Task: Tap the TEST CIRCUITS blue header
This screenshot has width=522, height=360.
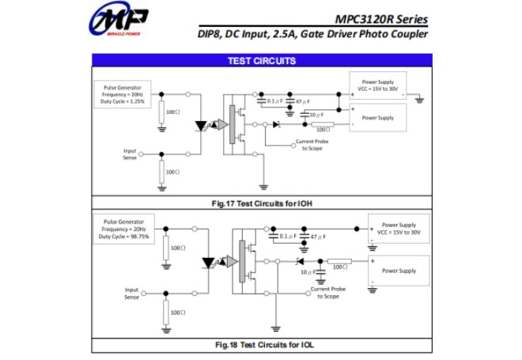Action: point(261,61)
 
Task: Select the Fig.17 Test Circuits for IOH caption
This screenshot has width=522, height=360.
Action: point(261,203)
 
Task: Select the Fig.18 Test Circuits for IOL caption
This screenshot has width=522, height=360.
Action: point(261,345)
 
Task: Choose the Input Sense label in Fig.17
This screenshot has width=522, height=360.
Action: point(130,153)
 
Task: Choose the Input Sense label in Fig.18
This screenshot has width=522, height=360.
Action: point(131,293)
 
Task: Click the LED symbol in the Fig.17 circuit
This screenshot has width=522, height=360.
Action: point(202,125)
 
